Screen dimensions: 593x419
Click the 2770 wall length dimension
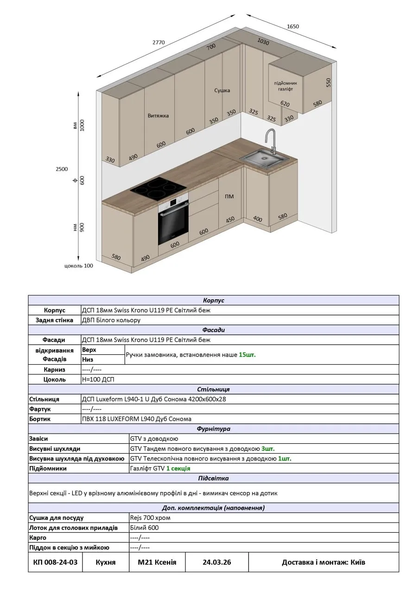tap(159, 43)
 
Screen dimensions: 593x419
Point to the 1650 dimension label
tap(292, 26)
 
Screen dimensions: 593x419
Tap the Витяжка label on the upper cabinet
tap(158, 115)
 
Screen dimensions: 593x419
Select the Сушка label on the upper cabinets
tap(222, 90)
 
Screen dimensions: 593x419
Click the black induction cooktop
tap(158, 187)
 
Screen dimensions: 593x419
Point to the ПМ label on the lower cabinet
tap(229, 196)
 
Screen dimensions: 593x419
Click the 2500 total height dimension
tap(62, 169)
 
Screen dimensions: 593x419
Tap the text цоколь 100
tap(79, 266)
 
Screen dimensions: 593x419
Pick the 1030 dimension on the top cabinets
tap(263, 42)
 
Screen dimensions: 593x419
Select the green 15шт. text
tap(247, 355)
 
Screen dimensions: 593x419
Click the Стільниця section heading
tap(213, 389)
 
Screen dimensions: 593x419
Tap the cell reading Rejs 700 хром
tap(150, 517)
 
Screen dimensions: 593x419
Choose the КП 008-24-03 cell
tap(55, 562)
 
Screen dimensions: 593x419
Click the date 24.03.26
tap(216, 562)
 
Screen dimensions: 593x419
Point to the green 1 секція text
tap(178, 468)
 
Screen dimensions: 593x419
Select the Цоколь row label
tap(54, 379)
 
